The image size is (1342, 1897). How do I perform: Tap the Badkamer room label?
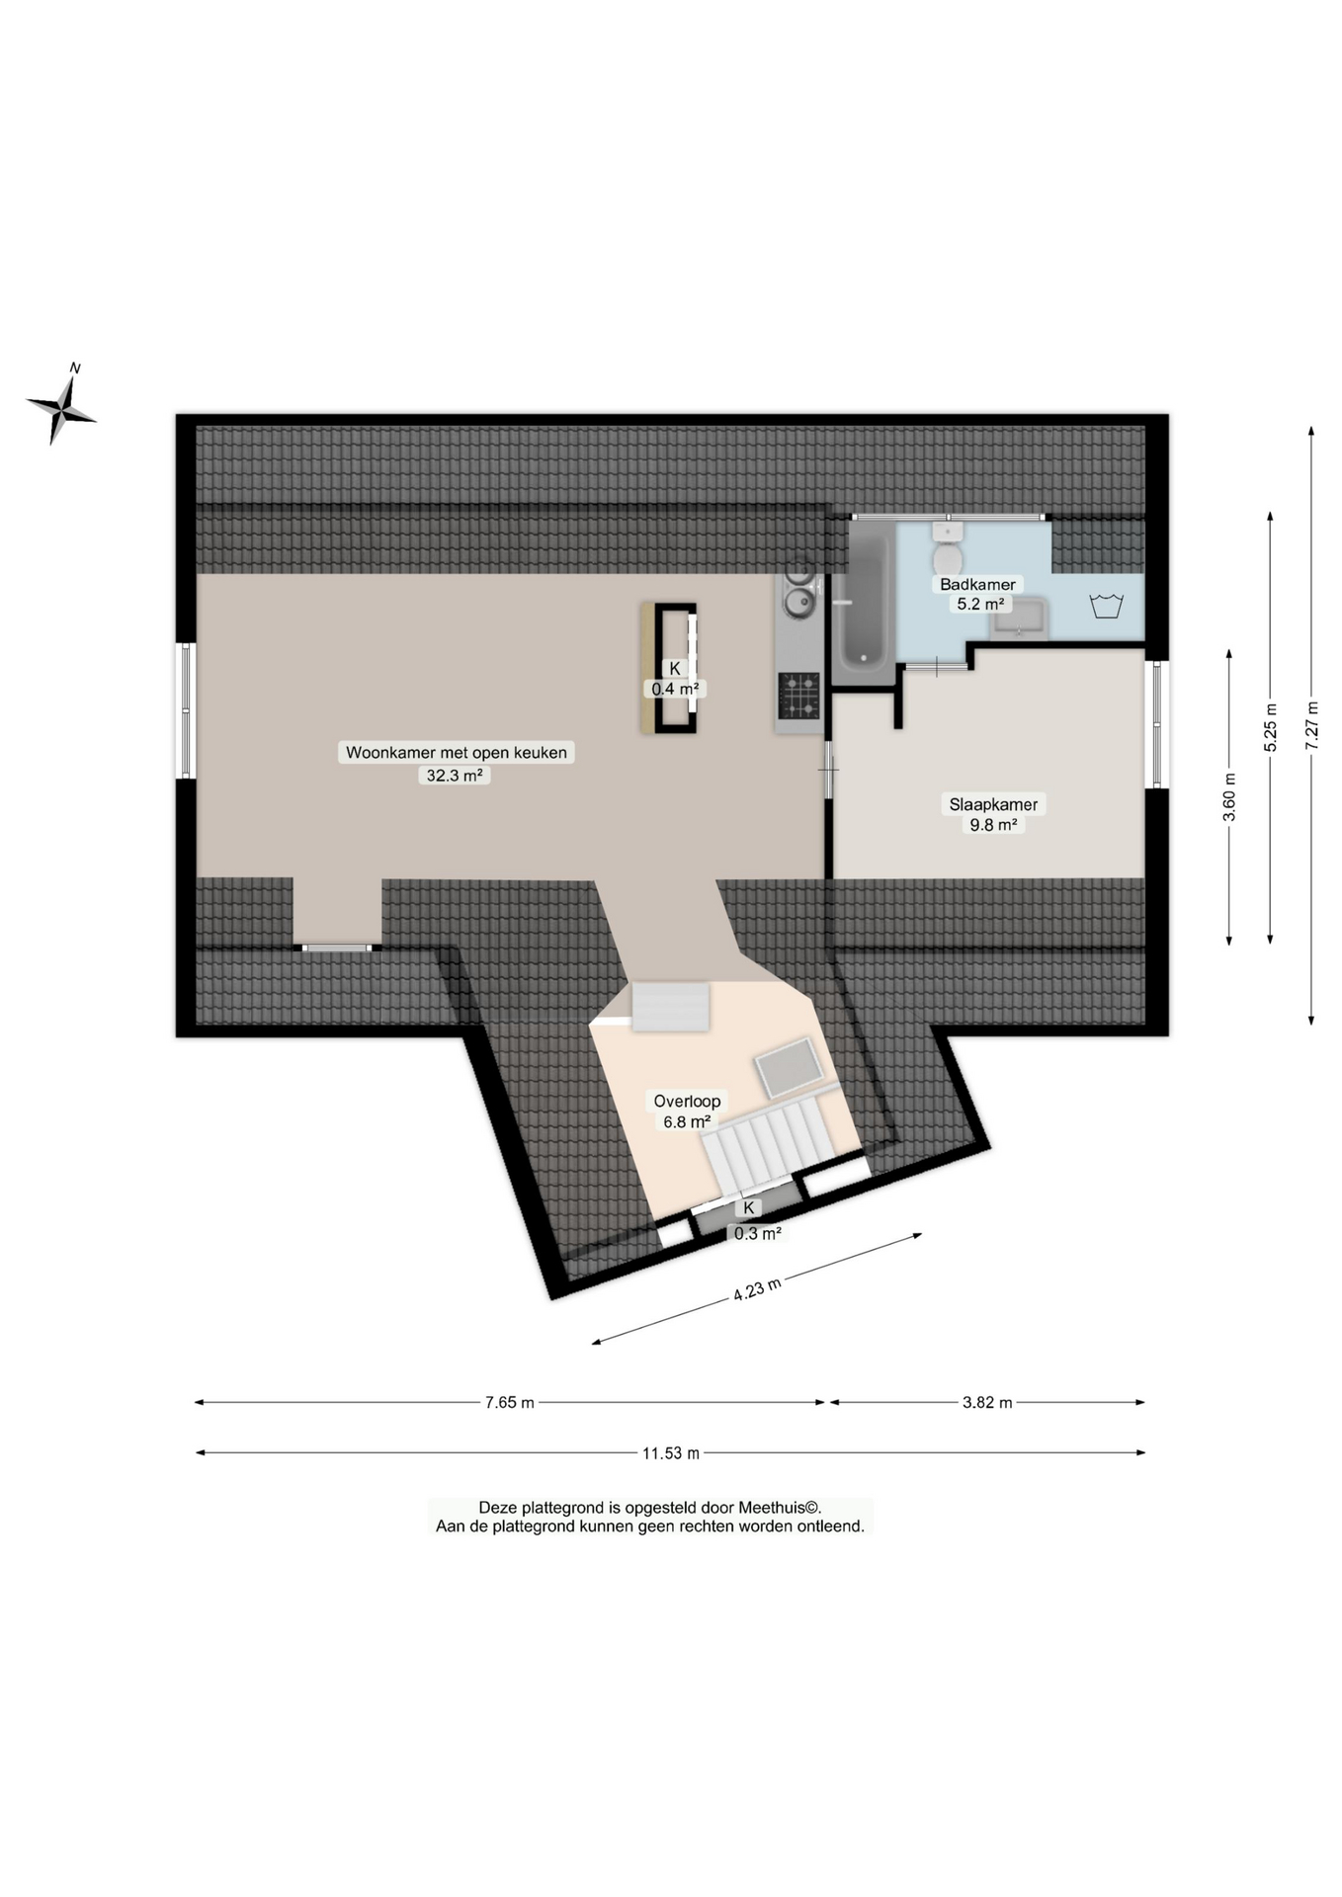point(977,584)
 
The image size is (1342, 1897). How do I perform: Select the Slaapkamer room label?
point(993,804)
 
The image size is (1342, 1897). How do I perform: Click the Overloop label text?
point(687,1101)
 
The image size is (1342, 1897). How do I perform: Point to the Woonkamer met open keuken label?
point(457,753)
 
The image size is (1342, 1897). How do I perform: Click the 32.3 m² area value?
point(455,776)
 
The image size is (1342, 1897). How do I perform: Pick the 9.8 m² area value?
point(993,825)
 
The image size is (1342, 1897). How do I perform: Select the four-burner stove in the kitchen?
point(798,696)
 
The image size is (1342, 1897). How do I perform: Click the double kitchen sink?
point(798,589)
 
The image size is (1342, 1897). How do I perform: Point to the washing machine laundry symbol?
point(1106,605)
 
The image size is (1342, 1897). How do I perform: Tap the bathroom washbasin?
point(1019,619)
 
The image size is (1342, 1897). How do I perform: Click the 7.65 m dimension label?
point(510,1402)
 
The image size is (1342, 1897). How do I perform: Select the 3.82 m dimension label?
point(987,1402)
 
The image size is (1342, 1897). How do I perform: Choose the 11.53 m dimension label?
point(671,1453)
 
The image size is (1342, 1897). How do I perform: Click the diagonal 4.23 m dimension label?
point(757,1289)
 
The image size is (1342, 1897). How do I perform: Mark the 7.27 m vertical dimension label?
point(1312,725)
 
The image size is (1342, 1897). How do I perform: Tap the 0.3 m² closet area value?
point(758,1233)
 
